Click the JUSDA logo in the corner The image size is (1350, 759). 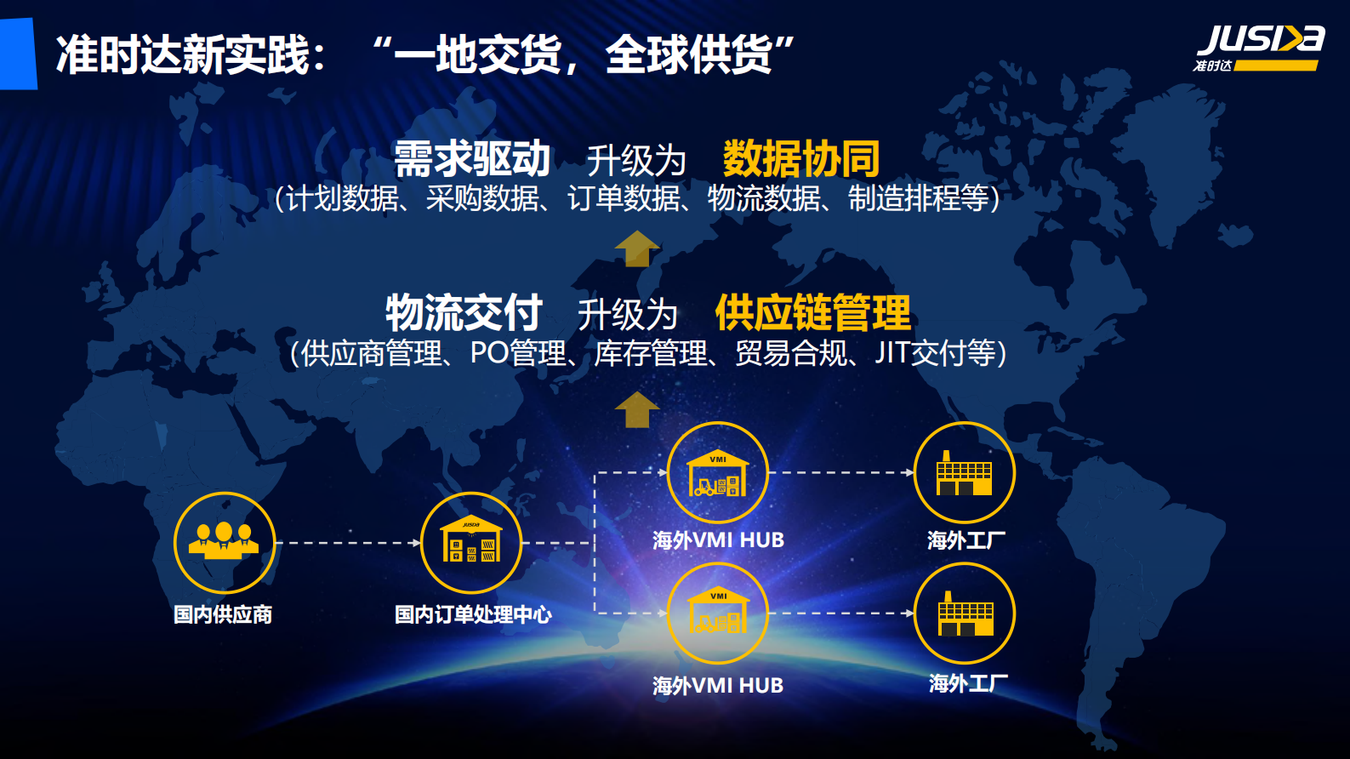[x=1260, y=49]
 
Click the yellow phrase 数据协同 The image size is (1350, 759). [x=800, y=158]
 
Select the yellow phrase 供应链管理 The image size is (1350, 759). [x=812, y=312]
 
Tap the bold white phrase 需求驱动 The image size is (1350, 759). [x=472, y=158]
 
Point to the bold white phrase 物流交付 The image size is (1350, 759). [x=464, y=312]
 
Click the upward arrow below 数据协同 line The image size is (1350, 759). [x=636, y=248]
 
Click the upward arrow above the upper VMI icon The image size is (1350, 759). [x=636, y=409]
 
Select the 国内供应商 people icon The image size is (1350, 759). [x=225, y=542]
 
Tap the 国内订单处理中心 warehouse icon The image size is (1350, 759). [x=470, y=542]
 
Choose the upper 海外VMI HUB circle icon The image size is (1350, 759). [x=717, y=472]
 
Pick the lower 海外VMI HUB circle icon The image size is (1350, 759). [x=717, y=613]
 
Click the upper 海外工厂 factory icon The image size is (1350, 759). [x=964, y=472]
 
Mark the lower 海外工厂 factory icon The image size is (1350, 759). [x=964, y=613]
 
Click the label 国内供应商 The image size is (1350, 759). [x=223, y=614]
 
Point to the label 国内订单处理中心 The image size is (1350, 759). [x=473, y=614]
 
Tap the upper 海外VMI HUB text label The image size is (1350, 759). [x=718, y=540]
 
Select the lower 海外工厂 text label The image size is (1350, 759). [x=968, y=683]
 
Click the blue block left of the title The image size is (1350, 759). [x=18, y=54]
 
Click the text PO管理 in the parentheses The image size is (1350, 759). [x=517, y=353]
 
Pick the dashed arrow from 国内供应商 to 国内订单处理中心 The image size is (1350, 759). [x=348, y=542]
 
